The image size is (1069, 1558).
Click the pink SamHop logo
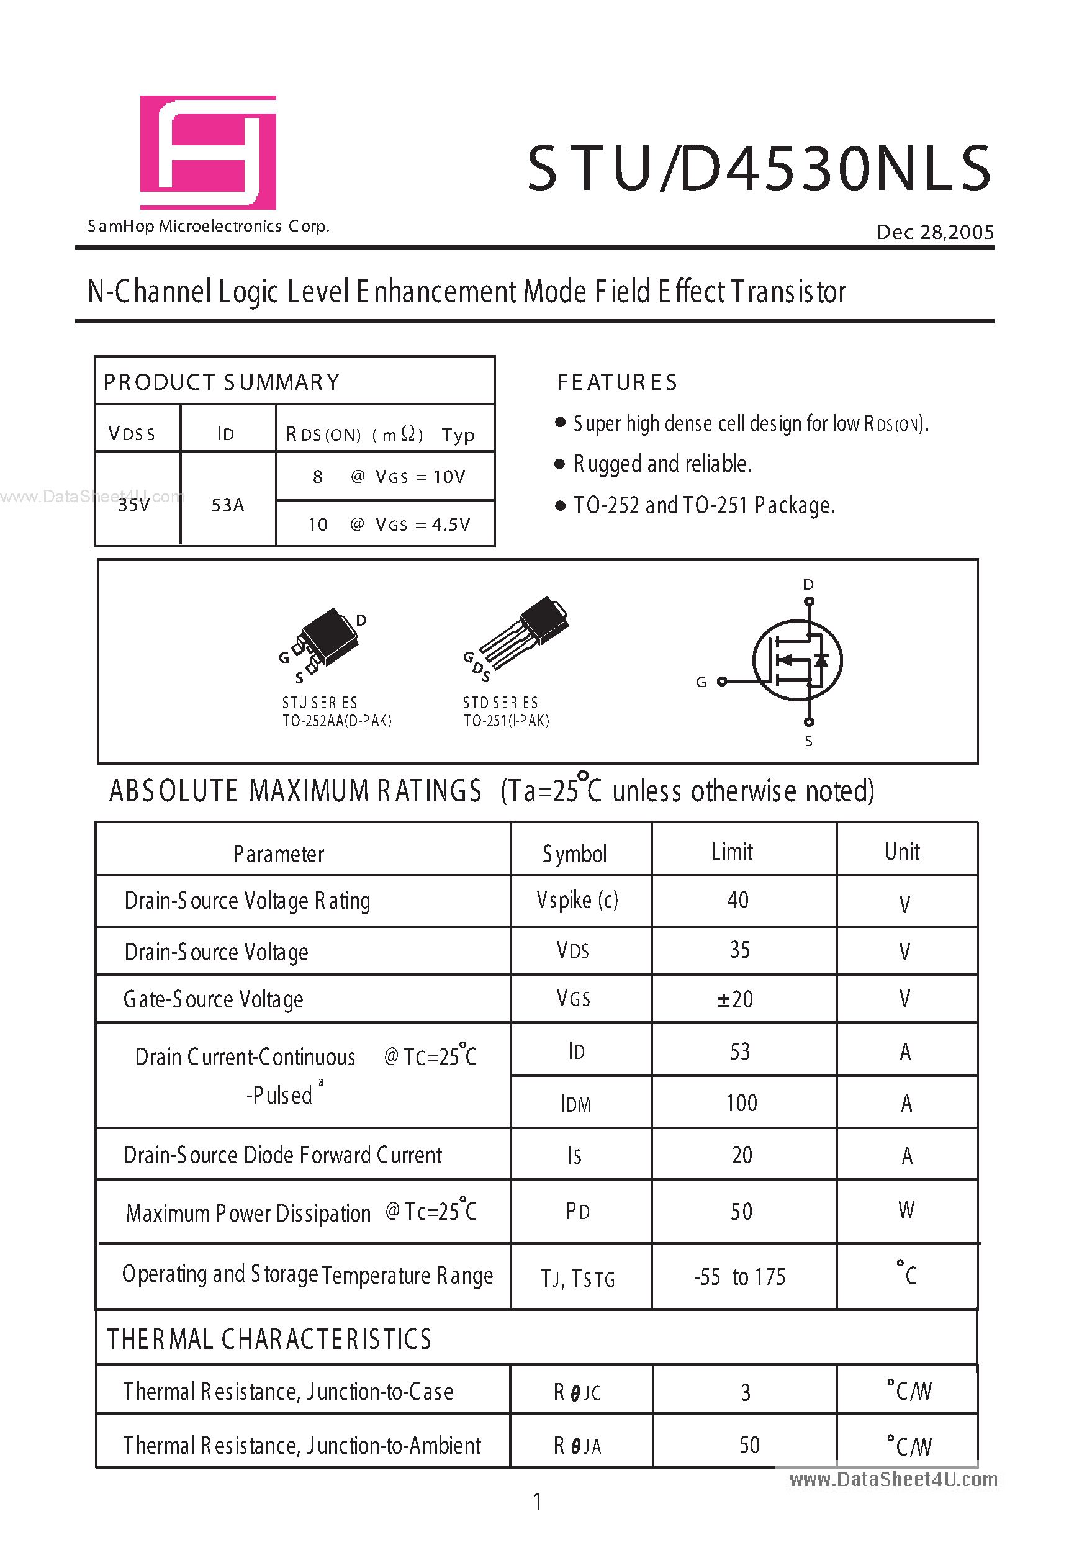pyautogui.click(x=208, y=152)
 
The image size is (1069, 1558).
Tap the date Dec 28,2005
pyautogui.click(x=935, y=232)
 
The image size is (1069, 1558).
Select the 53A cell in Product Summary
pyautogui.click(x=227, y=505)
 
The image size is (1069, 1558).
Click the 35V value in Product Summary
pyautogui.click(x=134, y=504)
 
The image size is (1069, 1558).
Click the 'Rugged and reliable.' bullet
pyautogui.click(x=662, y=464)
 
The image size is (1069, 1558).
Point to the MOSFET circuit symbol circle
pyautogui.click(x=797, y=660)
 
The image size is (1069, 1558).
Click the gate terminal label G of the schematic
pyautogui.click(x=701, y=682)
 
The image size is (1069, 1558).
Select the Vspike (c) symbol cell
pyautogui.click(x=577, y=900)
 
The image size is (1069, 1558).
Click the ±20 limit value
pyautogui.click(x=736, y=999)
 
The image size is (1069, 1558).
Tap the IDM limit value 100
pyautogui.click(x=741, y=1104)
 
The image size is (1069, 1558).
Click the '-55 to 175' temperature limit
pyautogui.click(x=739, y=1277)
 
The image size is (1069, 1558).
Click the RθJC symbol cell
pyautogui.click(x=577, y=1393)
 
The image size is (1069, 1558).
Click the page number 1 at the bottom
pyautogui.click(x=537, y=1501)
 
